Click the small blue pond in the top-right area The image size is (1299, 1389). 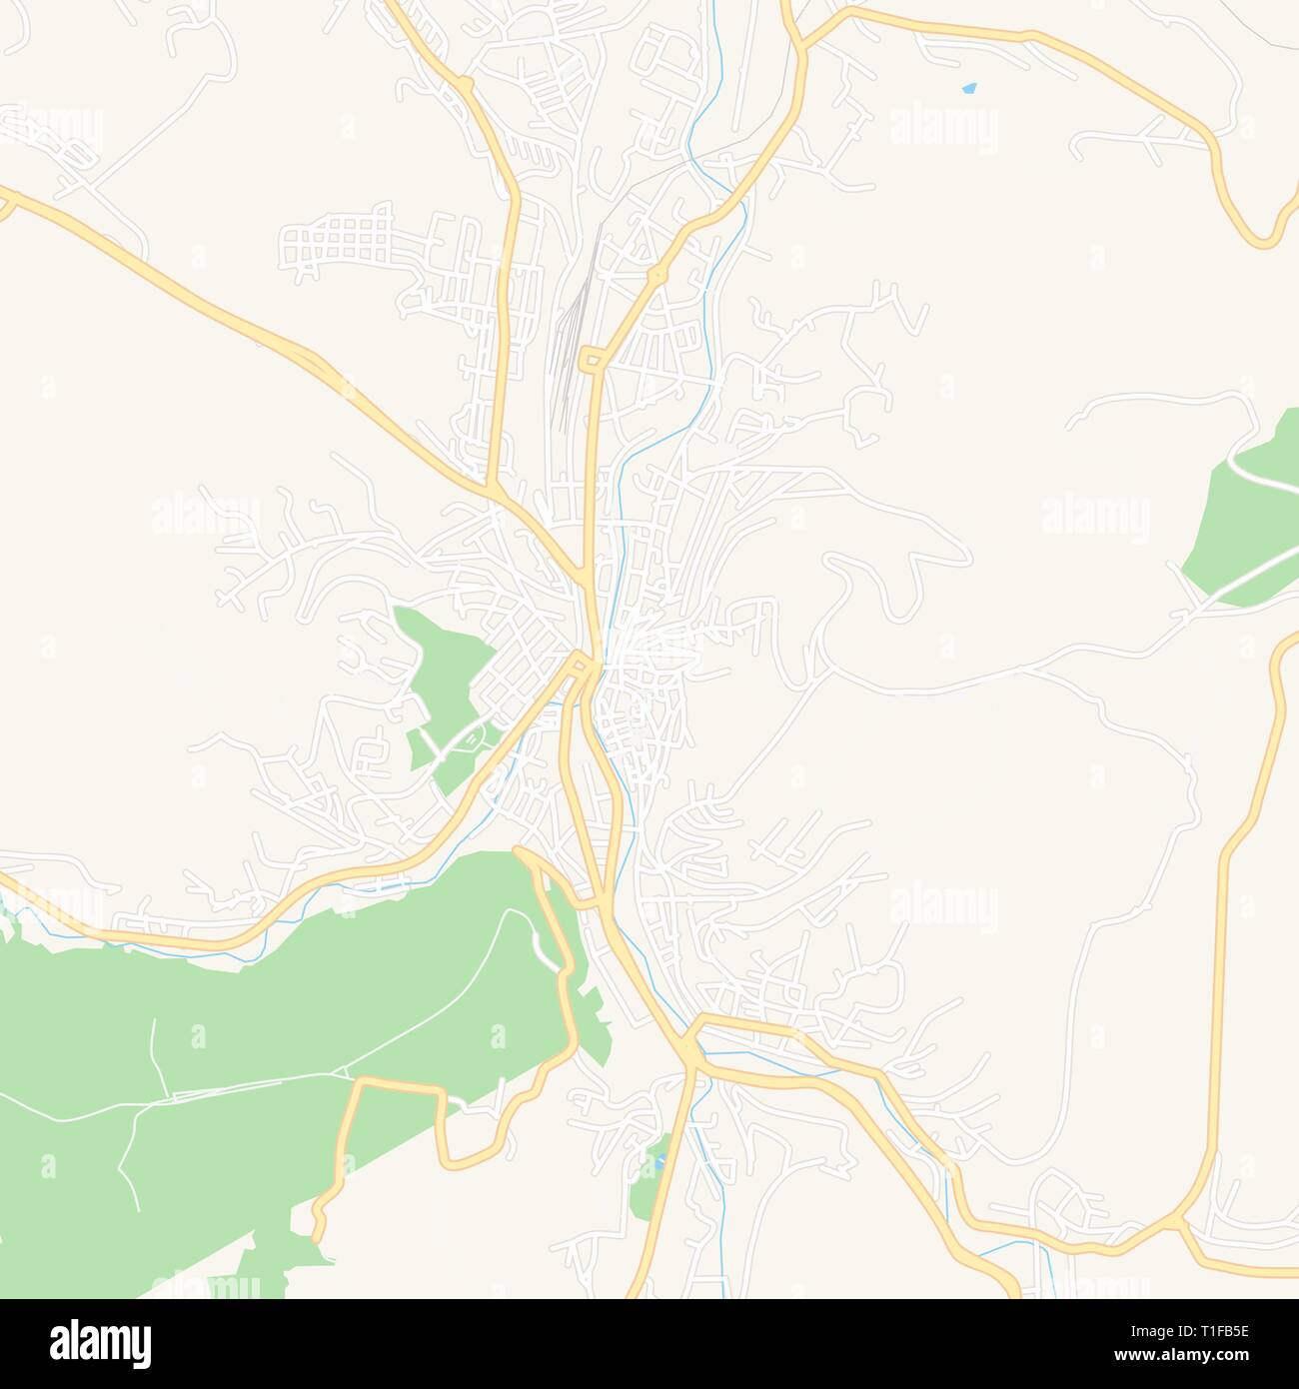[x=968, y=89]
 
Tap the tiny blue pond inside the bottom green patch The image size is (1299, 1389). [x=658, y=1162]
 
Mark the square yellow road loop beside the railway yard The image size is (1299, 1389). [x=592, y=359]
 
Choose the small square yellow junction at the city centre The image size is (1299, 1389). [x=582, y=662]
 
